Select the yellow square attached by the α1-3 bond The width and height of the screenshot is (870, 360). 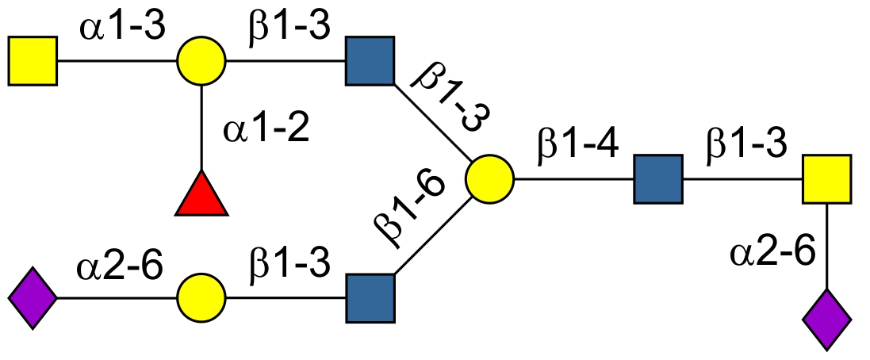point(33,60)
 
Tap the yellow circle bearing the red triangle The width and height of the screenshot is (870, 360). point(201,60)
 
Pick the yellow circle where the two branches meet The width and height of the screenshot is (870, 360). point(489,180)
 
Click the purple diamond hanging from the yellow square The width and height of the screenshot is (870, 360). point(827,320)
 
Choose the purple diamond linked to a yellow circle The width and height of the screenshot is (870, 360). point(33,298)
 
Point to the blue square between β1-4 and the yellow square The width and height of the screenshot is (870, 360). point(657,180)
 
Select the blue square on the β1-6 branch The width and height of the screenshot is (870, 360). point(370,298)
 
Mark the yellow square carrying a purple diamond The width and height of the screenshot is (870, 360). point(826,180)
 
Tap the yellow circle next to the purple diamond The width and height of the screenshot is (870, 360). point(201,298)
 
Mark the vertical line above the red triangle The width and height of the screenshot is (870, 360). point(201,127)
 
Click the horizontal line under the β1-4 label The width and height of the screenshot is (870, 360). point(573,180)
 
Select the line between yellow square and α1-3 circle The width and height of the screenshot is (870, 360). point(117,60)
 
